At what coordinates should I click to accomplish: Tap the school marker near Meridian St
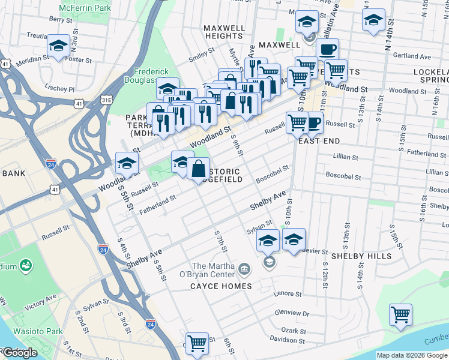point(58,46)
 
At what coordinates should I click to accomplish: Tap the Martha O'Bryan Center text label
point(214,271)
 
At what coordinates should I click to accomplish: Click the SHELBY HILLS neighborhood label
point(361,256)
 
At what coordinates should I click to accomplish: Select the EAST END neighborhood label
point(319,141)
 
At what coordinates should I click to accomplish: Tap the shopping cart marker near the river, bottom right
point(400,314)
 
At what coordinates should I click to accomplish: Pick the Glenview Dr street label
point(291,313)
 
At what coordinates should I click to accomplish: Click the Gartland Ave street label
point(414,57)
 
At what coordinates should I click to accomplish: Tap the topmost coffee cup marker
point(327,49)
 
